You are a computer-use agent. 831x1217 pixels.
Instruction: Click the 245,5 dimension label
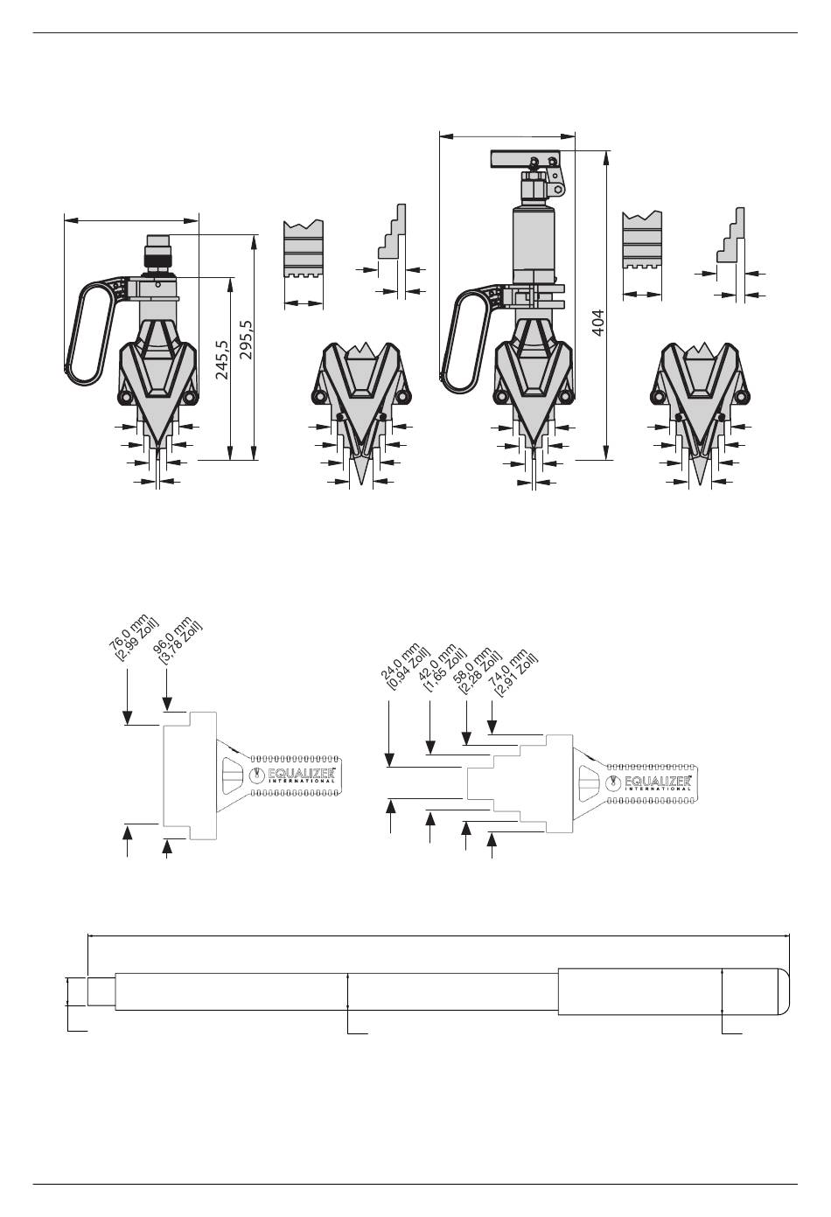tap(222, 360)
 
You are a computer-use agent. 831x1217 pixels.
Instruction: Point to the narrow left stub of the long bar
tap(101, 991)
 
